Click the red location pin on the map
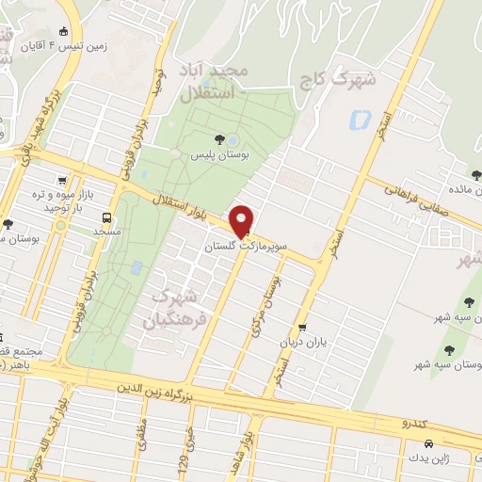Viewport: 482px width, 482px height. pyautogui.click(x=244, y=221)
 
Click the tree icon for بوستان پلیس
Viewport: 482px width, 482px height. pyautogui.click(x=219, y=139)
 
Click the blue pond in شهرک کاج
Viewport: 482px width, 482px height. pyautogui.click(x=360, y=120)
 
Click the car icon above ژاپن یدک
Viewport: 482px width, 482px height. pyautogui.click(x=428, y=443)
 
